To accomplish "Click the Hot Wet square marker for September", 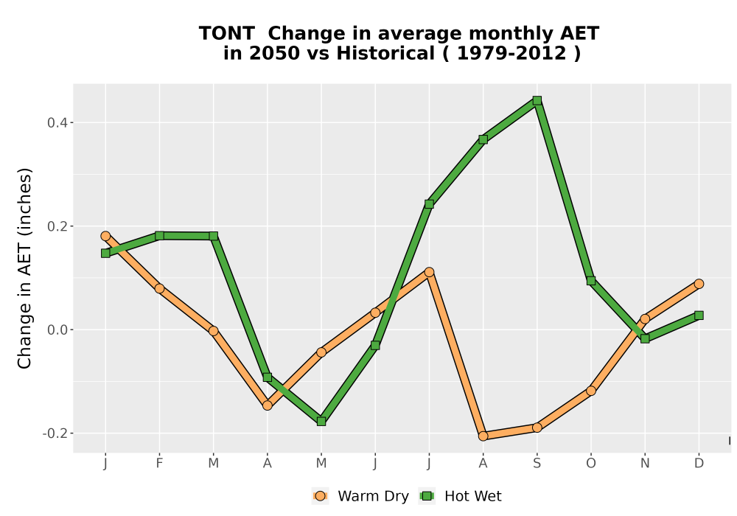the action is pyautogui.click(x=537, y=100).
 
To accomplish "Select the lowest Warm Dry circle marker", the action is pyautogui.click(x=483, y=436).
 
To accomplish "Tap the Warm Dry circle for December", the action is pyautogui.click(x=699, y=284).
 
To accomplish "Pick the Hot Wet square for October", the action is pyautogui.click(x=591, y=281).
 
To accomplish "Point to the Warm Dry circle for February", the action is pyautogui.click(x=159, y=288).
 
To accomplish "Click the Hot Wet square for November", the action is pyautogui.click(x=645, y=338).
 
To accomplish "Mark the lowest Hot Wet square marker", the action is pyautogui.click(x=321, y=422).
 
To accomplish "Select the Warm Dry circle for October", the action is pyautogui.click(x=591, y=391).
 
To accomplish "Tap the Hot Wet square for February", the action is pyautogui.click(x=159, y=235).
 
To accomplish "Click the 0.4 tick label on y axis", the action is pyautogui.click(x=57, y=123).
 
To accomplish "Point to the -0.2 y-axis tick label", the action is pyautogui.click(x=55, y=433).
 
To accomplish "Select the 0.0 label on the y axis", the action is pyautogui.click(x=57, y=330).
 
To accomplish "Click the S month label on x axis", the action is pyautogui.click(x=537, y=464).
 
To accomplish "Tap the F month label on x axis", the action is pyautogui.click(x=159, y=464).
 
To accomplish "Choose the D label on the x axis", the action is pyautogui.click(x=699, y=464).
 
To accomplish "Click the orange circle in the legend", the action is pyautogui.click(x=321, y=496).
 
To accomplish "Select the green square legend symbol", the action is pyautogui.click(x=427, y=496).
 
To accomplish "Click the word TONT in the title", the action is pyautogui.click(x=226, y=34).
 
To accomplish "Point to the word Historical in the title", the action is pyautogui.click(x=385, y=54).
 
